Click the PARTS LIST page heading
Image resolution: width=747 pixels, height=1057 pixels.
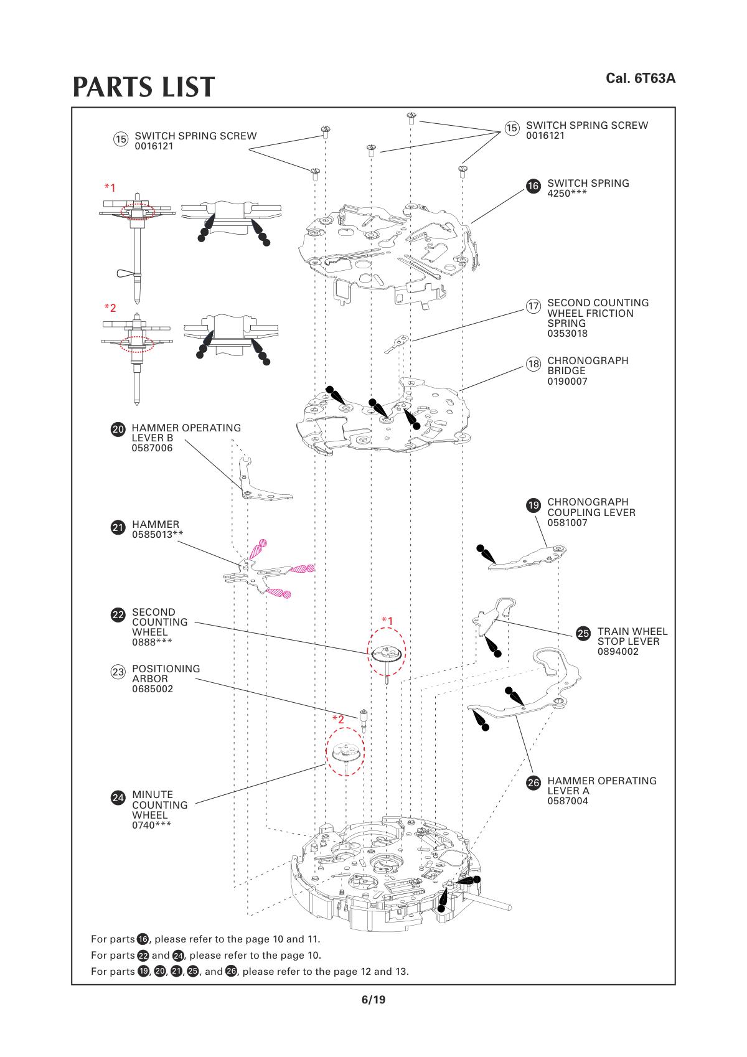(x=144, y=88)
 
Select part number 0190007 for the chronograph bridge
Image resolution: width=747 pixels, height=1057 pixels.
(x=567, y=381)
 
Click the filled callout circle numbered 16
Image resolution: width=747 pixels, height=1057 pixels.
(x=533, y=186)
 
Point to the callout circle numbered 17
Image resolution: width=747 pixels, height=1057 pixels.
(x=533, y=306)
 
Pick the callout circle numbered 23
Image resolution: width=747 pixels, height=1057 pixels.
(x=118, y=672)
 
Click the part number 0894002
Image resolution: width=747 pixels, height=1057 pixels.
(x=618, y=652)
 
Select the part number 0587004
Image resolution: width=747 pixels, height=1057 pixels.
(x=567, y=801)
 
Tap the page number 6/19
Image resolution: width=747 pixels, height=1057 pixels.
(x=374, y=1000)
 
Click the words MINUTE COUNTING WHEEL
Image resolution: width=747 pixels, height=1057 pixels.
(x=159, y=804)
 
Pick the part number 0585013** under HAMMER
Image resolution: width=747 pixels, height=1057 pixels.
(x=157, y=534)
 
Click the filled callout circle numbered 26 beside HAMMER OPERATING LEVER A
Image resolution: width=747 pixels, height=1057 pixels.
(x=533, y=784)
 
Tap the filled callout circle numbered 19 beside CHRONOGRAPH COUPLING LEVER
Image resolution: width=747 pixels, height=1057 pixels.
(x=533, y=505)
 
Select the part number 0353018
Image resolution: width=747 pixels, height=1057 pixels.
(x=567, y=334)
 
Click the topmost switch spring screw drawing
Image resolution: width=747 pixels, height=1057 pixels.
(x=411, y=116)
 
